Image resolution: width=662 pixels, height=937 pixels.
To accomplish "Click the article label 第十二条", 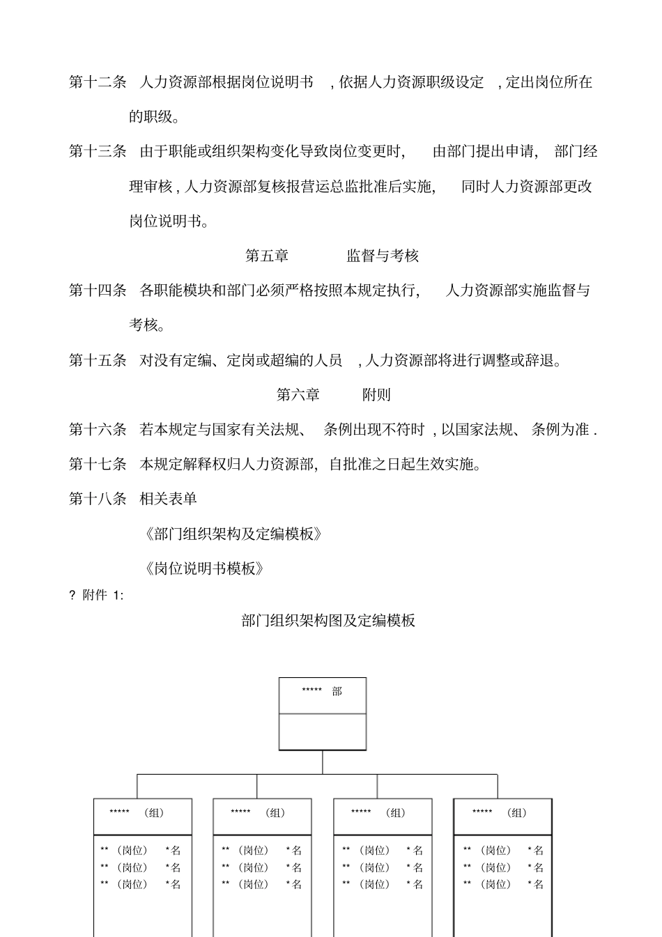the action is [98, 82].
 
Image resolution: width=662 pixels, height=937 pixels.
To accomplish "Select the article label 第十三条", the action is [98, 152].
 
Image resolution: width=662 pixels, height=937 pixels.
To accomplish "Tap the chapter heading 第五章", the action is [267, 256].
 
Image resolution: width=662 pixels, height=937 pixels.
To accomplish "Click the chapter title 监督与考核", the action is [383, 256].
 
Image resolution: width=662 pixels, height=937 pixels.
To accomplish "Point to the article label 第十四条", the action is [98, 291].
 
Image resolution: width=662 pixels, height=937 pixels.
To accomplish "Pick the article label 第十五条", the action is [98, 360].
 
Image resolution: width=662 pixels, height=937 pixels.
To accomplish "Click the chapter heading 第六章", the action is [298, 395].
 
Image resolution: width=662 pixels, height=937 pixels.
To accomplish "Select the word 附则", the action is [376, 395].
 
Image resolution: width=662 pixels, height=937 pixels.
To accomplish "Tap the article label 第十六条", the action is [98, 430].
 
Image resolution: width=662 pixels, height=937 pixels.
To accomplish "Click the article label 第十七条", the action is [98, 464].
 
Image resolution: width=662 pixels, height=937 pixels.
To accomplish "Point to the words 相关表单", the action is [169, 499].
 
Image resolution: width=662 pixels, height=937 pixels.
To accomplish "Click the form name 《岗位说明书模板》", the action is [204, 568].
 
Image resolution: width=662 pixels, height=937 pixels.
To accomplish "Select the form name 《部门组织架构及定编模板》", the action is [233, 534].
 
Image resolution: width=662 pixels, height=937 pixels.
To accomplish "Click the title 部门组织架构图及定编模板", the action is [328, 621].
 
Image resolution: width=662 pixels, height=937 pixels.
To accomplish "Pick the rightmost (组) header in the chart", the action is [503, 813].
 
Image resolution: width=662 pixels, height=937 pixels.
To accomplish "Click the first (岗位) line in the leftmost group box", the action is [140, 851].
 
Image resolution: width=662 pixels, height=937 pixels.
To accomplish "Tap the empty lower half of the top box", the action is [323, 731].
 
